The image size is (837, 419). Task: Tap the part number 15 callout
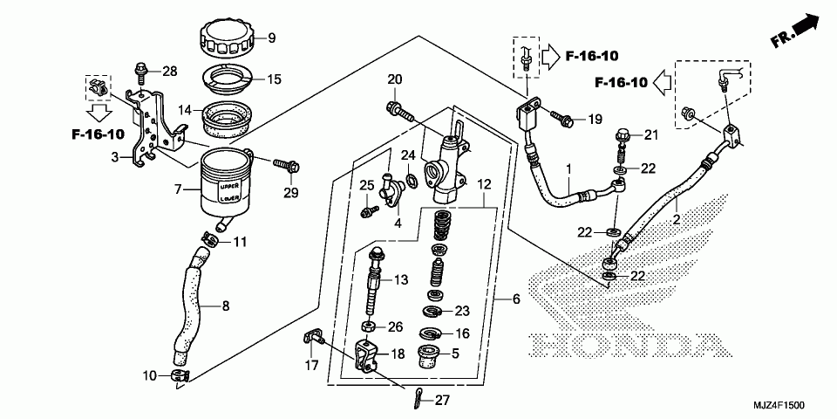click(x=274, y=79)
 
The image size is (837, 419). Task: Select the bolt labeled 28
click(x=139, y=70)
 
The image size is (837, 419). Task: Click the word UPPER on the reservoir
click(x=228, y=187)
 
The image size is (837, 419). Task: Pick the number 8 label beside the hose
click(x=226, y=306)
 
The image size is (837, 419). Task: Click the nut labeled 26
click(x=369, y=327)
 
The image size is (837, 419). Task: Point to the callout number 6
click(x=515, y=299)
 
